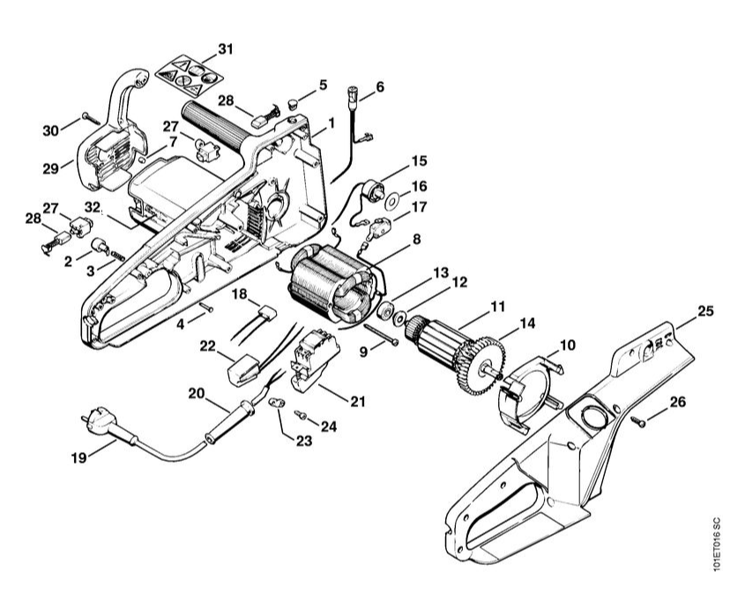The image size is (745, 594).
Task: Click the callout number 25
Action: point(705,310)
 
